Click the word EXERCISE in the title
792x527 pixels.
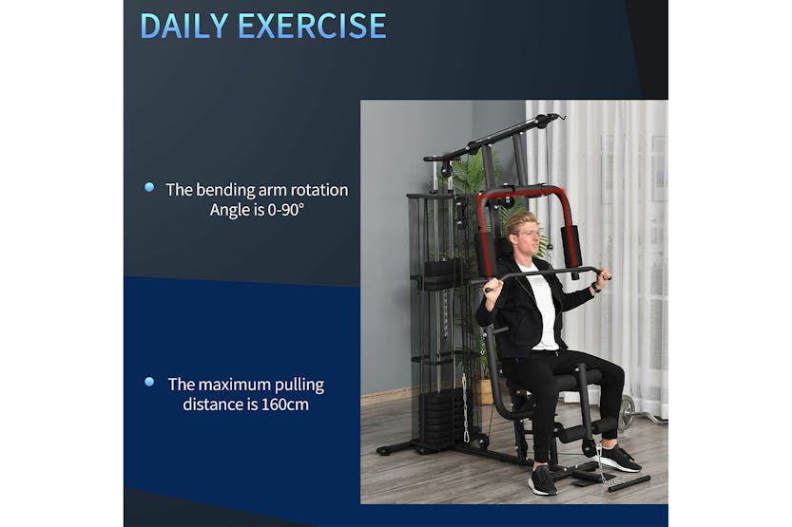(312, 26)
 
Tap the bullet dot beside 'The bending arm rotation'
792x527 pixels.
(149, 188)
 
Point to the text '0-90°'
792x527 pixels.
(282, 210)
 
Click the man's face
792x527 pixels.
(527, 233)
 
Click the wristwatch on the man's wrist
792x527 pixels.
(596, 286)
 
